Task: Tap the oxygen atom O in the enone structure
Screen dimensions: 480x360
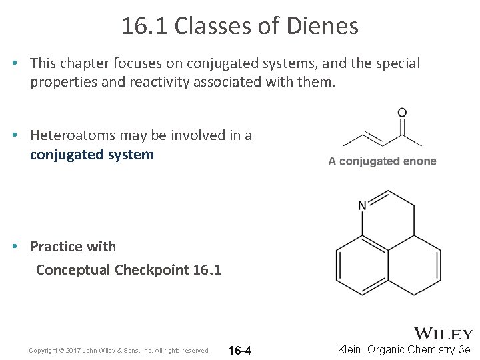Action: (x=402, y=113)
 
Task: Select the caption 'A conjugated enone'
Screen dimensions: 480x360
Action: (x=382, y=161)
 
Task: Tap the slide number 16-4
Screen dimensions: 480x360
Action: (x=240, y=351)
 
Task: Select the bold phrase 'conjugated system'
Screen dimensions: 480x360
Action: (x=92, y=155)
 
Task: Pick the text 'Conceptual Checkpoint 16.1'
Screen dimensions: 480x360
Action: (x=128, y=270)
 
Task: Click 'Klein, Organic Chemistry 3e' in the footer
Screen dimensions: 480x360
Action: (x=404, y=350)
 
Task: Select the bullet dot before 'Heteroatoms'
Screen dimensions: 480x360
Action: (x=14, y=135)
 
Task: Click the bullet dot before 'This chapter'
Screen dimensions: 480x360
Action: (x=14, y=63)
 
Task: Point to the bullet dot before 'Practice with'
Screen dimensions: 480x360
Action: (x=14, y=247)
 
